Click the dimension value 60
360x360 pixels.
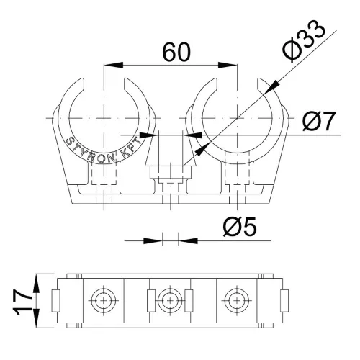pos(176,53)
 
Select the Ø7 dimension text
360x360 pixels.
pos(318,121)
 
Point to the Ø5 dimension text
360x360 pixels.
pos(240,227)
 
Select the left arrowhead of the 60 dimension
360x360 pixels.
pos(113,65)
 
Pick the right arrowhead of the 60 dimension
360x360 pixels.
pos(228,65)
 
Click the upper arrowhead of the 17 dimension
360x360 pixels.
pos(36,284)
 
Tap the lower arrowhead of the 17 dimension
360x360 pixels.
pos(36,318)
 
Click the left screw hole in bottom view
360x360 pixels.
pos(104,301)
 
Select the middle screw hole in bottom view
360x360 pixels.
pos(170,301)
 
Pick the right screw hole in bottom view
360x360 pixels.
pos(237,301)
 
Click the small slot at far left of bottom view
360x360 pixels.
pos(55,301)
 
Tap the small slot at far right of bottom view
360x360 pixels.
pos(284,301)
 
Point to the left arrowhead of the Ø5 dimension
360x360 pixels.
pos(153,240)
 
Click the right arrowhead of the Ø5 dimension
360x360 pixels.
pos(188,240)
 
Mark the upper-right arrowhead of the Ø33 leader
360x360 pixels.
pos(273,87)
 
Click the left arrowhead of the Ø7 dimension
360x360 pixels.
pos(149,135)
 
